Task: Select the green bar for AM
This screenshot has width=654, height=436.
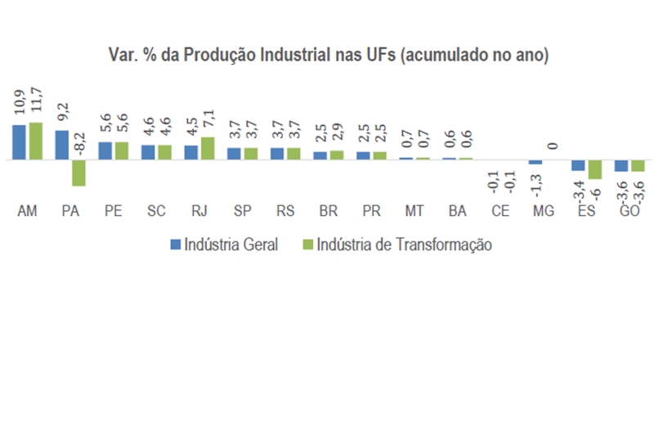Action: coord(35,141)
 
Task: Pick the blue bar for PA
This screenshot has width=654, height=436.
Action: coord(61,145)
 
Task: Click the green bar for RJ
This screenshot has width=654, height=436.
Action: coord(207,148)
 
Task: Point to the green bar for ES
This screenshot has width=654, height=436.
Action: coord(595,169)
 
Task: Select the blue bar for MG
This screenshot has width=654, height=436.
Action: coord(535,162)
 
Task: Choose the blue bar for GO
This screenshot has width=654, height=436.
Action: coord(621,165)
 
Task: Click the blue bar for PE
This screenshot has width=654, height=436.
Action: coord(105,151)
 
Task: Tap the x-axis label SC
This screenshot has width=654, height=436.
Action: coord(156,211)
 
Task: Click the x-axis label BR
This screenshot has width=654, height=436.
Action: coord(329,211)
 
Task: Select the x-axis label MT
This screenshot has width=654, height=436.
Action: coord(414,211)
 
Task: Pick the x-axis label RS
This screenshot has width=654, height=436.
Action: coord(285,211)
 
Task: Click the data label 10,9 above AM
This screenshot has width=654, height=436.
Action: coord(19,104)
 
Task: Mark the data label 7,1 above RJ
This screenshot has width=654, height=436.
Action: coord(208,121)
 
